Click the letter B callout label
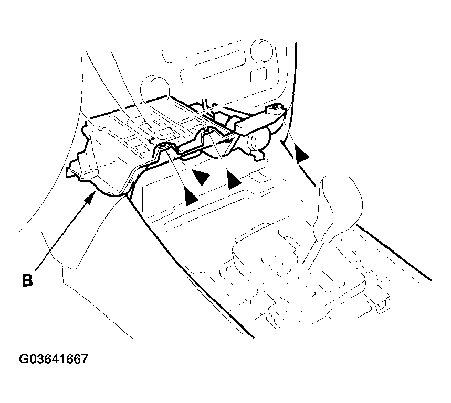(27, 280)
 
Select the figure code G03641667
(54, 359)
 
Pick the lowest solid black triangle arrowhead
(191, 197)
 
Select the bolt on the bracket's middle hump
(206, 130)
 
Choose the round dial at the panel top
(261, 50)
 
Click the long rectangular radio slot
(213, 67)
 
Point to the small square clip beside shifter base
(383, 305)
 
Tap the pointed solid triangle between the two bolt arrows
(201, 177)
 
